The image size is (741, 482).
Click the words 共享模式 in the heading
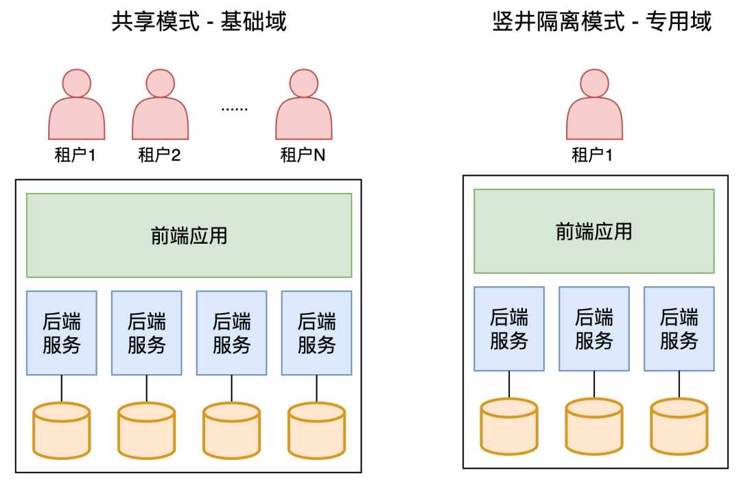[x=156, y=21]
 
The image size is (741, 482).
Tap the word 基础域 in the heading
[x=253, y=21]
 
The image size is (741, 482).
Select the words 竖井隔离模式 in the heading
[x=558, y=21]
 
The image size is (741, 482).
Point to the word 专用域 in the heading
[x=679, y=21]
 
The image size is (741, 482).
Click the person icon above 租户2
[x=160, y=104]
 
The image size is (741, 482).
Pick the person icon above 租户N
[x=304, y=104]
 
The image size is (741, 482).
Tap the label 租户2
[x=159, y=155]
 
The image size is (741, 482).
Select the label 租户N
[x=303, y=155]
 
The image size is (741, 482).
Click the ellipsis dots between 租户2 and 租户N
[x=235, y=109]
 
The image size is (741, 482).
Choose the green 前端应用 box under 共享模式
[x=189, y=235]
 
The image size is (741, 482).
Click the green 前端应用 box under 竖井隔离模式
[x=594, y=231]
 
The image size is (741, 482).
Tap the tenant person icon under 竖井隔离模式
[x=594, y=104]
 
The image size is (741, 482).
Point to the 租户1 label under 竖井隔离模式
[x=592, y=155]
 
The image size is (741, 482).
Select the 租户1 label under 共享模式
[x=75, y=155]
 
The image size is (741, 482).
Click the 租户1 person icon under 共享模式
[x=77, y=104]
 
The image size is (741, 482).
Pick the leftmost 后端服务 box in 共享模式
[x=62, y=333]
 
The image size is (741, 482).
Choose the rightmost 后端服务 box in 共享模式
[x=316, y=333]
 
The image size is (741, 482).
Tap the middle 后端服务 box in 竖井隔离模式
[x=594, y=329]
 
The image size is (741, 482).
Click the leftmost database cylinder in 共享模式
[x=62, y=431]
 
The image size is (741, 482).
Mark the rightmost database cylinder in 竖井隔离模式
[x=679, y=426]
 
